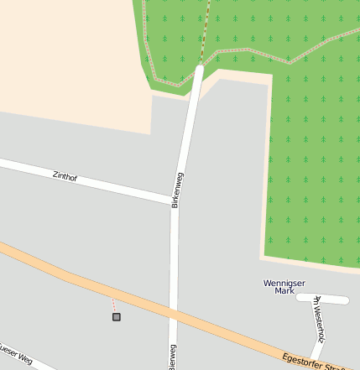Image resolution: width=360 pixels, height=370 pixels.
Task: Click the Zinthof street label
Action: (x=65, y=176)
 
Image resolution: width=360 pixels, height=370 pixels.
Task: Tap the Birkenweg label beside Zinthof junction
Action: (x=177, y=190)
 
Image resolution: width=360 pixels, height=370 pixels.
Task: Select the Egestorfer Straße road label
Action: (x=312, y=361)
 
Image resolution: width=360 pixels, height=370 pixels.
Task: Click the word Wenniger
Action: (x=284, y=283)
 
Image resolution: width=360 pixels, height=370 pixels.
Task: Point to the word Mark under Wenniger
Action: (x=284, y=291)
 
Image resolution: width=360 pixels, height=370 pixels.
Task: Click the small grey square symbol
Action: (x=116, y=316)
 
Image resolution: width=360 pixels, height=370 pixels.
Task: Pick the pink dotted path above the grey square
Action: (x=113, y=305)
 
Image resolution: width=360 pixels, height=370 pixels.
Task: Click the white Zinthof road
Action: (x=101, y=182)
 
